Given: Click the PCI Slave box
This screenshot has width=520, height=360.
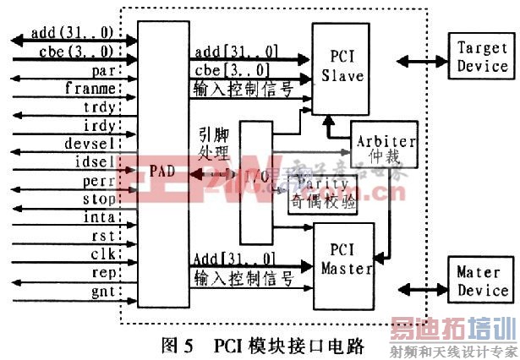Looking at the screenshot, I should point(341,68).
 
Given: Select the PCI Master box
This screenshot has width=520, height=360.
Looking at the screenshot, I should point(347,262).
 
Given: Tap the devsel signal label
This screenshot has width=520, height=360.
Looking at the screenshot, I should point(91,142).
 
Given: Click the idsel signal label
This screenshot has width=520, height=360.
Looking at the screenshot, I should point(95,161).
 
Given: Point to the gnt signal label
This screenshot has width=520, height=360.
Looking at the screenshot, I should point(102,292).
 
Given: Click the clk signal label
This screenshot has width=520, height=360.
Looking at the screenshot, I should point(102,255).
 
